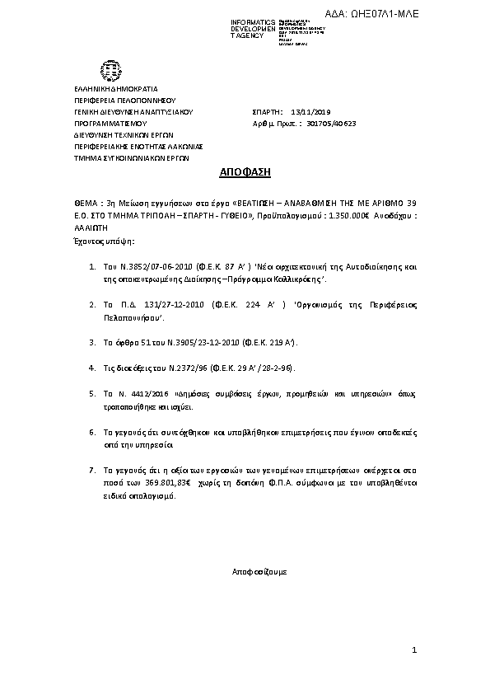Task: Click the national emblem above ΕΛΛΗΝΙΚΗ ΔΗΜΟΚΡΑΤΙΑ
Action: pos(109,69)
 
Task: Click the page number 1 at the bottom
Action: pos(416,651)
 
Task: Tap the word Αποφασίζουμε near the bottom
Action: pos(259,570)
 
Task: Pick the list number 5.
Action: pos(91,395)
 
